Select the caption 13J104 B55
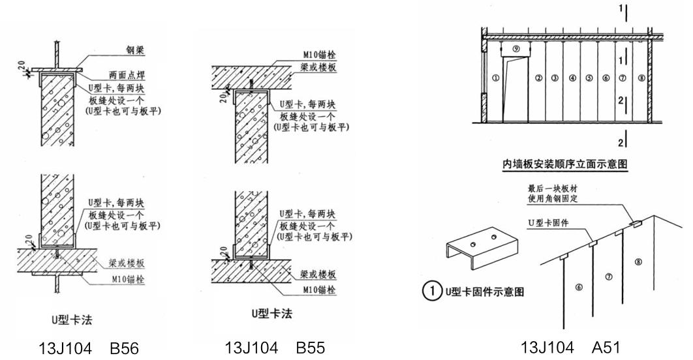[275, 347]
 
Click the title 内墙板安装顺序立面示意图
[565, 165]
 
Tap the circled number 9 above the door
[516, 49]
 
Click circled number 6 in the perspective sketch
[578, 287]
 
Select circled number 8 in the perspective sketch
[638, 262]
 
